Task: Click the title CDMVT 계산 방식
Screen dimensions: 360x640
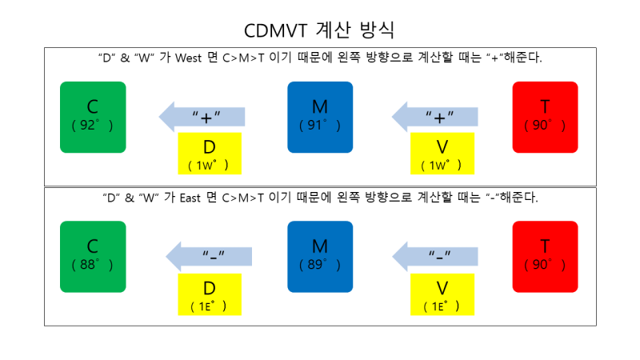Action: tap(320, 30)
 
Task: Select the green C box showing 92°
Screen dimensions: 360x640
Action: tap(93, 117)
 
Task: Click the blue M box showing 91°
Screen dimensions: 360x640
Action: tap(320, 117)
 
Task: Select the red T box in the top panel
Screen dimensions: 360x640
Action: tap(545, 117)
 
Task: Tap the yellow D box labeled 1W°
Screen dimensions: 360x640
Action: tap(210, 153)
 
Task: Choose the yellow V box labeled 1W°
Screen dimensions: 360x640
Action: tap(442, 153)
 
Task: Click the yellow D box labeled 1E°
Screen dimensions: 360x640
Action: tap(210, 294)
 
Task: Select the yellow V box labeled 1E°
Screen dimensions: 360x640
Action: tap(442, 294)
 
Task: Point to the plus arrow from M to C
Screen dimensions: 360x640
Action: tap(201, 117)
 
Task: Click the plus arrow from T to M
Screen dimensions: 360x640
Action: tap(434, 117)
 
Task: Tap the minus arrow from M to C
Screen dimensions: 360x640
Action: tap(208, 256)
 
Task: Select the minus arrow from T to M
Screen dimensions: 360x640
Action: tap(434, 256)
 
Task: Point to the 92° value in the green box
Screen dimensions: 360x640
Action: tap(93, 126)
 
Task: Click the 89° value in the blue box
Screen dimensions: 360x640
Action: tap(320, 265)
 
